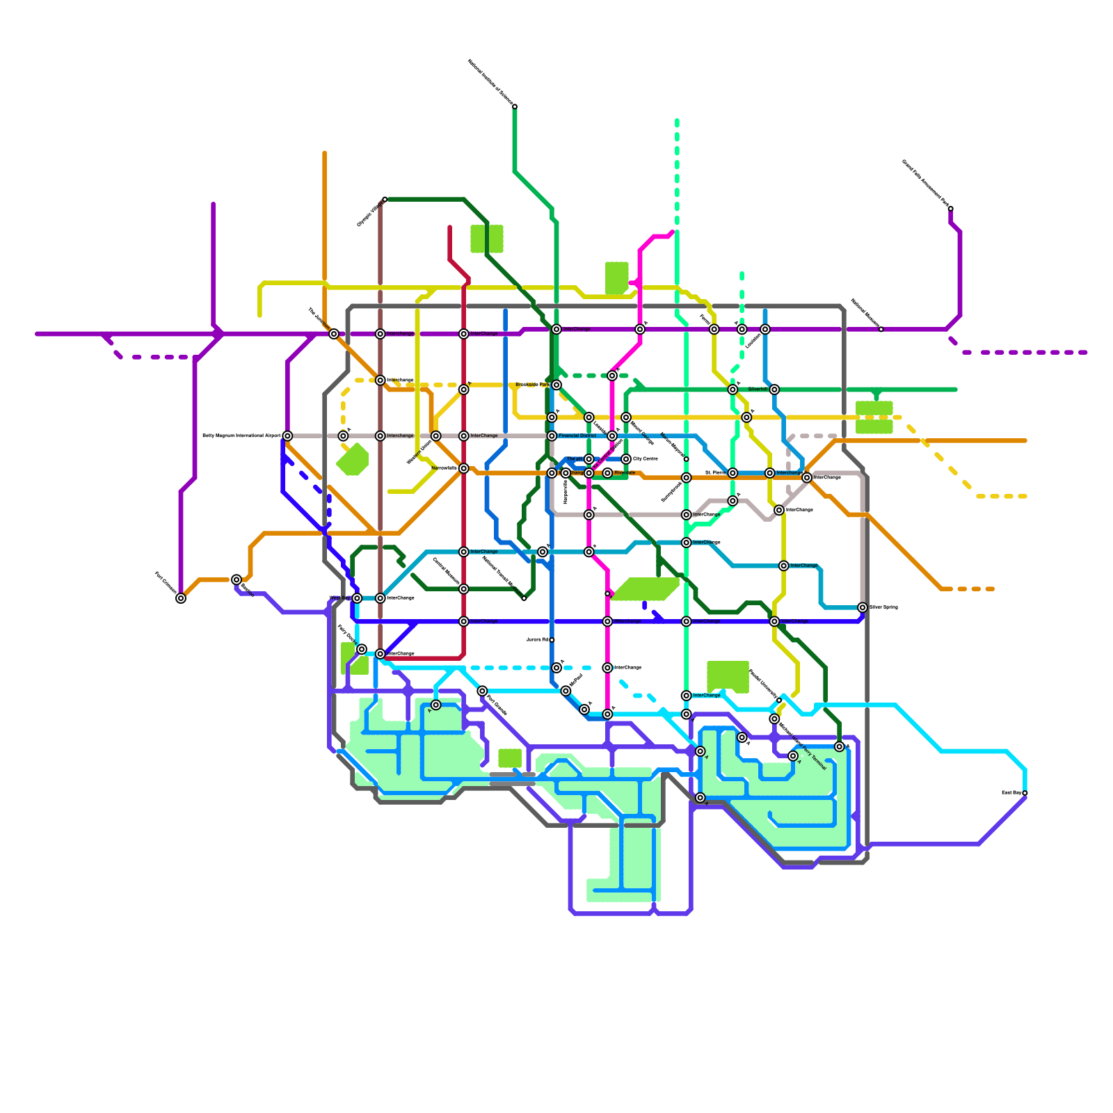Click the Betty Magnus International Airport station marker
pos(287,436)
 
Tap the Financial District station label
pos(577,436)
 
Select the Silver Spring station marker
pos(863,607)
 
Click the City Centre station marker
pos(626,459)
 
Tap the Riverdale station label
pos(625,473)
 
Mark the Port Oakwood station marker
pos(181,598)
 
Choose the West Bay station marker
pos(357,598)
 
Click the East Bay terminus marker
pos(1025,793)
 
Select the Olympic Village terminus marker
pos(385,200)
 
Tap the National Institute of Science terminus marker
pos(515,106)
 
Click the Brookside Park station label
pos(532,385)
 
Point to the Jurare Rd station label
pos(537,640)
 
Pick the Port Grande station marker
pos(482,691)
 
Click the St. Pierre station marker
pos(732,473)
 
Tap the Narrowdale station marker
pos(464,468)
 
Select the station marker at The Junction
pos(334,334)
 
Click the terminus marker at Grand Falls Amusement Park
pos(951,209)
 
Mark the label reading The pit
pos(574,459)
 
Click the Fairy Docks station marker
pos(362,649)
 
